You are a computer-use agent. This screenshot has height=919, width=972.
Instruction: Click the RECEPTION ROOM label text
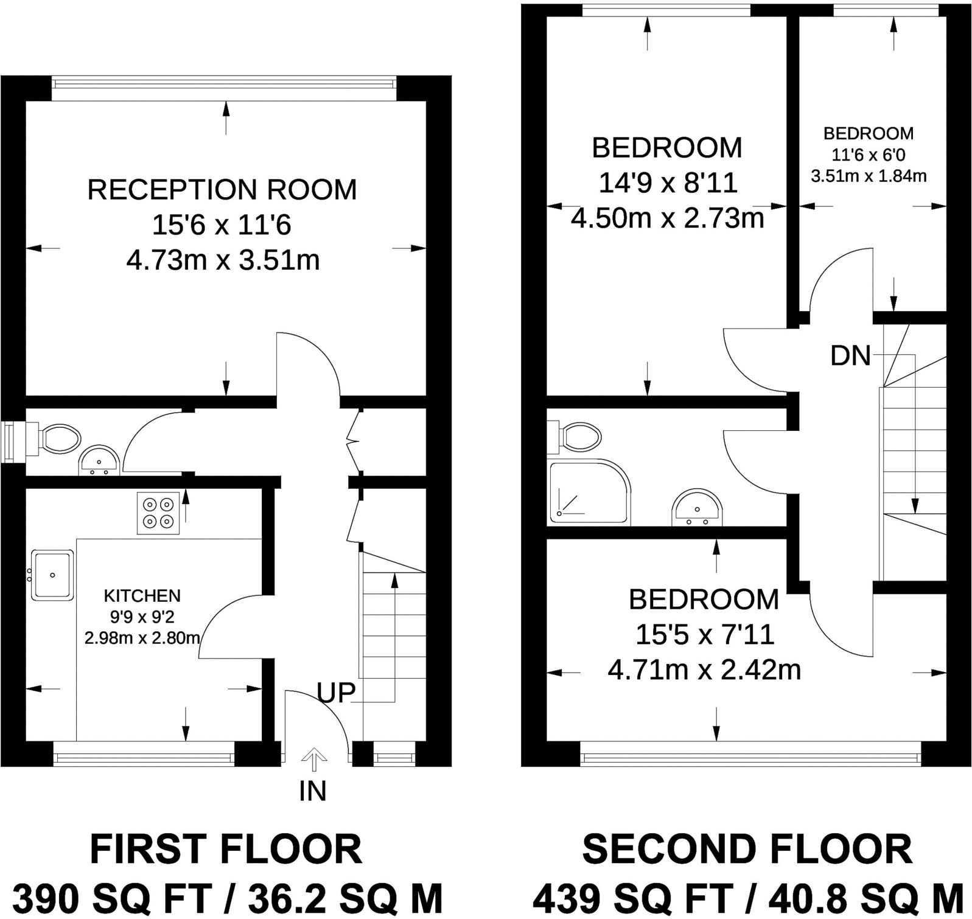(222, 190)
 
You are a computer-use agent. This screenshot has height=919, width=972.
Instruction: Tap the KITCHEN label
(142, 596)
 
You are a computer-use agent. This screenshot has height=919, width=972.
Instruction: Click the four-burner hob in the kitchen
(158, 513)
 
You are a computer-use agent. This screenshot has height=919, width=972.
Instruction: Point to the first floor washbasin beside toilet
(99, 461)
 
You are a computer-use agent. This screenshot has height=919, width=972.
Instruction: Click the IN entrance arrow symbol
(314, 760)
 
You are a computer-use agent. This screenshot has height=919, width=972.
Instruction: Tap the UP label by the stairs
(336, 693)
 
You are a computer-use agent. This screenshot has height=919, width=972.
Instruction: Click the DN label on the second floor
(850, 356)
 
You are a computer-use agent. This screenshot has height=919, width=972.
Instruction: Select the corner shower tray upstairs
(588, 492)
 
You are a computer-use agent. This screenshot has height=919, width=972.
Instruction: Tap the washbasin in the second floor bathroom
(696, 508)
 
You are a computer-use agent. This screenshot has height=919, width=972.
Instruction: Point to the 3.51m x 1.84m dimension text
(869, 176)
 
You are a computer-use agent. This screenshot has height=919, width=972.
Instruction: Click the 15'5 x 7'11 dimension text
(704, 635)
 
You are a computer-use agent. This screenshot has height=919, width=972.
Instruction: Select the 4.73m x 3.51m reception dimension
(223, 260)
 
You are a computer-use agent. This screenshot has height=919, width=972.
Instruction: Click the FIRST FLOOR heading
(226, 850)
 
